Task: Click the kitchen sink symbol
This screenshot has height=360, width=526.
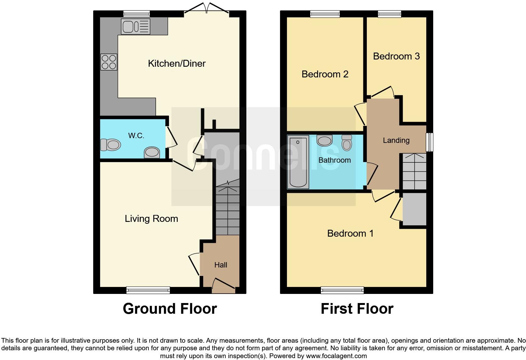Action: [136, 26]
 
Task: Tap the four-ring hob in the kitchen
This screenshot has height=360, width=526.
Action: [109, 62]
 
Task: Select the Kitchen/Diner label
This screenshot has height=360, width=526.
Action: [176, 64]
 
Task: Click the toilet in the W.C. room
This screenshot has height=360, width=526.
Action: [111, 145]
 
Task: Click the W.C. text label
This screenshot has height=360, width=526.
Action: [136, 136]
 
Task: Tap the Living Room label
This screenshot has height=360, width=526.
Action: [151, 219]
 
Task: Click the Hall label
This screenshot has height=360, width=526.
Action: [221, 265]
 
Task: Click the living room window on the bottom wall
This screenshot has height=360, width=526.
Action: [148, 290]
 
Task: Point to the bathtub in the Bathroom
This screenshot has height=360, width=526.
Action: [298, 162]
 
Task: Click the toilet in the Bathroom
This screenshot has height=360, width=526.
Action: [346, 143]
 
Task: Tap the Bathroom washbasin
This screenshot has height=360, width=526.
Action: [324, 140]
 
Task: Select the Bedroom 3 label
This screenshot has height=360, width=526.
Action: [396, 56]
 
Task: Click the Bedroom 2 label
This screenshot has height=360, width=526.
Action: [325, 74]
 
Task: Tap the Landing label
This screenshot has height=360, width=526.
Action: [396, 140]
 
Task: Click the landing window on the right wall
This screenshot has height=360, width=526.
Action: [429, 142]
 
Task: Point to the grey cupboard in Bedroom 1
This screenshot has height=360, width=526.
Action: [414, 209]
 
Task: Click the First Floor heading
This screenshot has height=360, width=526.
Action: [357, 309]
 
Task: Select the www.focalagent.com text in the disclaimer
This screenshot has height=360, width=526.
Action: [336, 356]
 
